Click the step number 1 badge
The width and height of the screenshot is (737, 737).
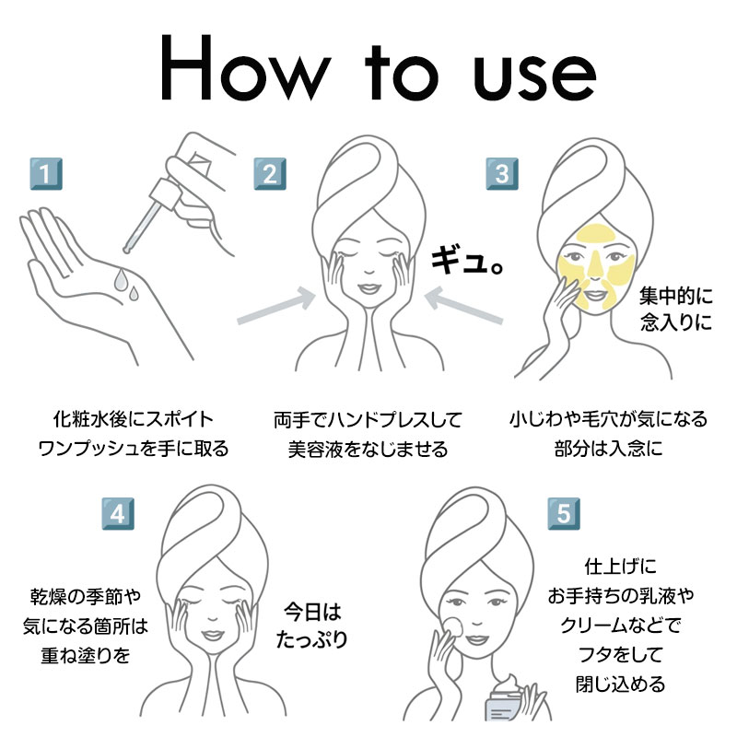46,174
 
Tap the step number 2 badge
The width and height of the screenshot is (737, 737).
270,174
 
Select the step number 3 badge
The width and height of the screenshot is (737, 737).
502,174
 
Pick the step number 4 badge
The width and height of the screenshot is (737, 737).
118,514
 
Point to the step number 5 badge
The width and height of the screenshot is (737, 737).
564,514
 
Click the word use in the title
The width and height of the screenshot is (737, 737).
534,76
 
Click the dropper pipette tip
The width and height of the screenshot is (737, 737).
125,250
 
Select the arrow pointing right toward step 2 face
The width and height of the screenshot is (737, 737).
276,307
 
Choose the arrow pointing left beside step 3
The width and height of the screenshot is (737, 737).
463,306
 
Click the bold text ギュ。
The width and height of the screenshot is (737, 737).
468,261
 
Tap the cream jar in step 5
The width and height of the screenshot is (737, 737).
506,699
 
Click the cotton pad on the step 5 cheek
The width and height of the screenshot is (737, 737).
453,626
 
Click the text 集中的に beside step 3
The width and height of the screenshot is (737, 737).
675,296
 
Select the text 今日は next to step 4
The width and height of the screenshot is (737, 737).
312,612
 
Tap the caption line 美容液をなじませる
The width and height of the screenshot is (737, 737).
368,450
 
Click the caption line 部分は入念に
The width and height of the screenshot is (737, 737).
608,448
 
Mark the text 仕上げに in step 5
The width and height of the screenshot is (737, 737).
620,567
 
